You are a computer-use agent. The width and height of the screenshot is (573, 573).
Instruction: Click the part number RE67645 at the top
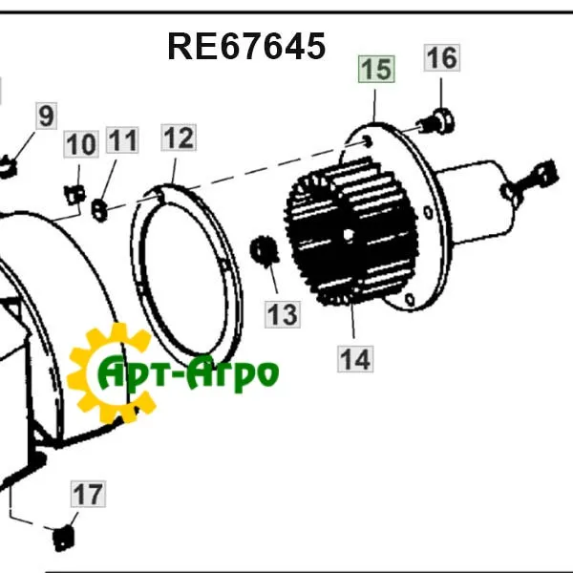246,46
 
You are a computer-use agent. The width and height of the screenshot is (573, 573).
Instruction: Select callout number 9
47,116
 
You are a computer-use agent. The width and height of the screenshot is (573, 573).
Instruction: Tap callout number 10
81,144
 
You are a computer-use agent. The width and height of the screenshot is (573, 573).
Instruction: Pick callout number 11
122,140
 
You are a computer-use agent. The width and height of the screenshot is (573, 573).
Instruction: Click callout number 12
179,138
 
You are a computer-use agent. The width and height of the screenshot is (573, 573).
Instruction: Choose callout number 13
283,314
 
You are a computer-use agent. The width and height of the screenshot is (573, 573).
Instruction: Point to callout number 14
355,359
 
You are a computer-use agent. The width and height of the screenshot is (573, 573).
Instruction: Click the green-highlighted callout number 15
376,69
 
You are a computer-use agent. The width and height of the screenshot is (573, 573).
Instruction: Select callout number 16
442,57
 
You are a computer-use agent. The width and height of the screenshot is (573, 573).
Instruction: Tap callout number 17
88,494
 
